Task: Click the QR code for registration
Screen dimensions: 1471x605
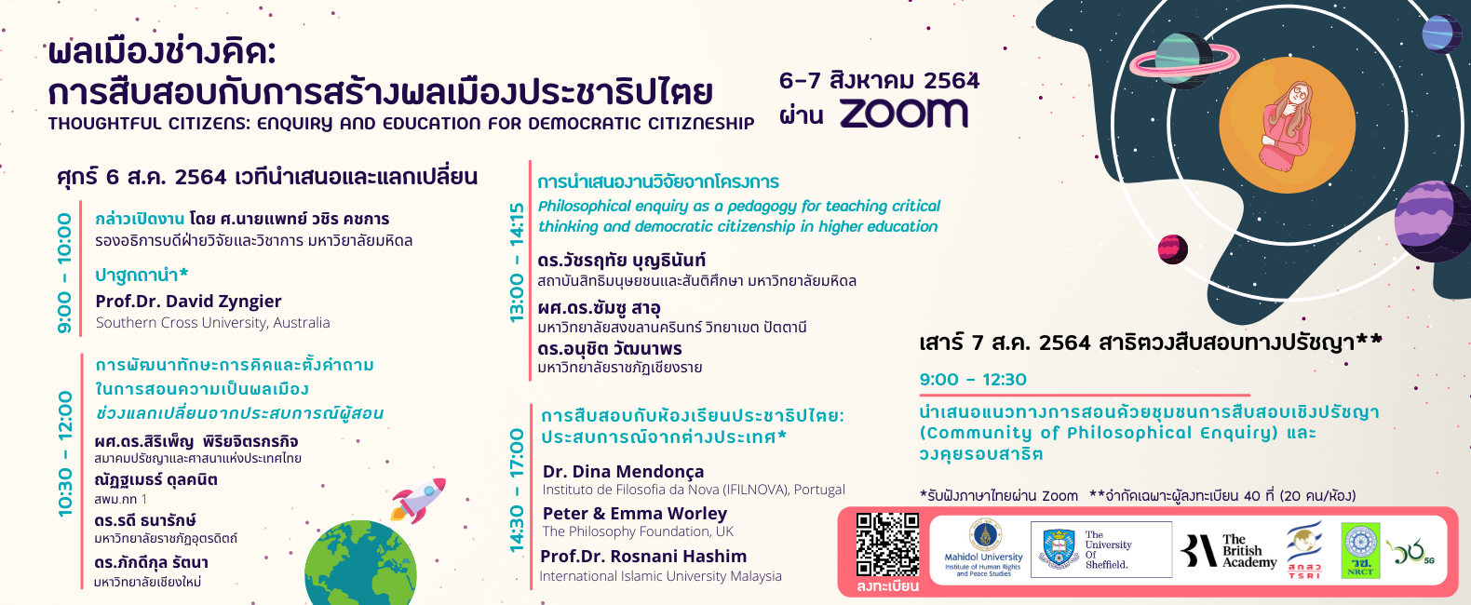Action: point(887,544)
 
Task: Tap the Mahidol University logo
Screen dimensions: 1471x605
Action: point(983,548)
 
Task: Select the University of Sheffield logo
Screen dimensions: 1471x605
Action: point(1101,549)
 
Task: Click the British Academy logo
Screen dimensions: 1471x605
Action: point(1229,550)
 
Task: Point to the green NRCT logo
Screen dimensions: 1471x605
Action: point(1360,550)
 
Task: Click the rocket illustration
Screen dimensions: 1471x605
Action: point(418,500)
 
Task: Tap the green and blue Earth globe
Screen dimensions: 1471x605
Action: point(360,562)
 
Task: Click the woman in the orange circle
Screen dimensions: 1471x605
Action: point(1287,127)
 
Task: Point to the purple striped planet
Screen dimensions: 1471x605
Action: point(1433,221)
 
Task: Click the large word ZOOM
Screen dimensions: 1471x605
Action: point(904,114)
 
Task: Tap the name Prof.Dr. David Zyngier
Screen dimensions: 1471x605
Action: point(188,302)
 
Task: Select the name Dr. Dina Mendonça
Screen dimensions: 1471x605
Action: point(623,471)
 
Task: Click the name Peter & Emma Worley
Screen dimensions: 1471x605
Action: point(635,513)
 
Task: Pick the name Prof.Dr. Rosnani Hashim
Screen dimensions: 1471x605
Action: point(643,556)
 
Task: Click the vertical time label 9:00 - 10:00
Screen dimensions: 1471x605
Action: point(64,273)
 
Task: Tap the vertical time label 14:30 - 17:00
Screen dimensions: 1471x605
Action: point(518,491)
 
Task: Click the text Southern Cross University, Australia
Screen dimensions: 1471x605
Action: point(213,323)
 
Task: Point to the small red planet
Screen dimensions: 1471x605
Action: point(1173,249)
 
